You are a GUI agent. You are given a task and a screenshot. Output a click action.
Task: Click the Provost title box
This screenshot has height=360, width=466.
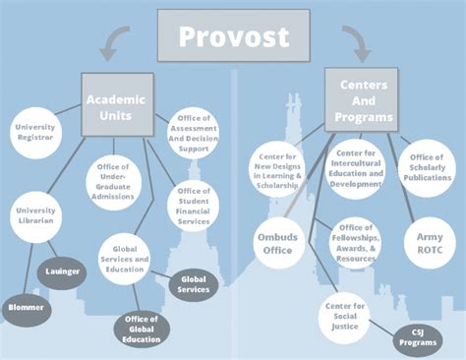tap(233, 37)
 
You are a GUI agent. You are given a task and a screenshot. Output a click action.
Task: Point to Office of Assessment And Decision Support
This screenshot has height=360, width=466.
tap(193, 134)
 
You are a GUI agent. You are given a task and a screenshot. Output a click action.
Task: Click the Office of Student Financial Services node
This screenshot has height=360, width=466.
tap(194, 204)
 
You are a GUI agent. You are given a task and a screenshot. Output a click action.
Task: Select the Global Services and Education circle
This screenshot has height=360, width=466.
tap(125, 258)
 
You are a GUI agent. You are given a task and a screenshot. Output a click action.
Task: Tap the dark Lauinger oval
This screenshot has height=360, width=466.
tap(62, 270)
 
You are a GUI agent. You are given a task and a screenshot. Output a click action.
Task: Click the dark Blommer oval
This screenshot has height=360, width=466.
tap(24, 306)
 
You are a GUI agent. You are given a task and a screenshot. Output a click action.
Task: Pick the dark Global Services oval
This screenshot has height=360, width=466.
tap(195, 284)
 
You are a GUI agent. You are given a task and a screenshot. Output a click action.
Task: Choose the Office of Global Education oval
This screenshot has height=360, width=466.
tap(143, 330)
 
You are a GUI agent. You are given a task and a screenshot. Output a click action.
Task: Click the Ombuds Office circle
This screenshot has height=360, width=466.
tap(275, 242)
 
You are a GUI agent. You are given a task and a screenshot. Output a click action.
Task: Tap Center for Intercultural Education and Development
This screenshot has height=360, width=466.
tap(356, 168)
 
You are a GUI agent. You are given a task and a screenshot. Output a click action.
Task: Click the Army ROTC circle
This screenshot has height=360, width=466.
tap(429, 240)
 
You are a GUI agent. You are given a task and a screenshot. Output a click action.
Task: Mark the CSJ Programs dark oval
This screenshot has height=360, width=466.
tap(418, 339)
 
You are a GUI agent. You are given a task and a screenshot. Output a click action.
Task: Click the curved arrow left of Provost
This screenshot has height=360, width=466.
tap(117, 40)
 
